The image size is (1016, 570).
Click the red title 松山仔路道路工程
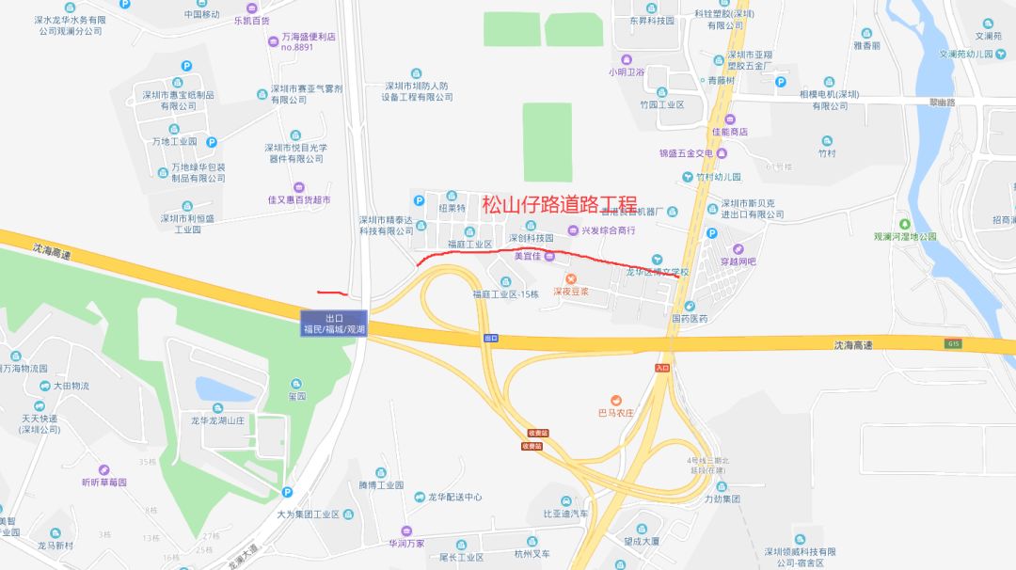pyautogui.click(x=560, y=205)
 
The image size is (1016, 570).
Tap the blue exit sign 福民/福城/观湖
pyautogui.click(x=333, y=324)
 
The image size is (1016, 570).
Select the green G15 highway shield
pyautogui.click(x=954, y=345)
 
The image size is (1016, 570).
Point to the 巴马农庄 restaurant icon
pyautogui.click(x=616, y=400)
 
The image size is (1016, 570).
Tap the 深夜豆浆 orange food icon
pyautogui.click(x=570, y=278)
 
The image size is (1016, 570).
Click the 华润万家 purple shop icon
pyautogui.click(x=406, y=530)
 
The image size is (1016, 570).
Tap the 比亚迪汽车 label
pyautogui.click(x=565, y=514)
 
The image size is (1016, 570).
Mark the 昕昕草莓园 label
pyautogui.click(x=103, y=482)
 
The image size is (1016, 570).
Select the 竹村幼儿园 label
pyautogui.click(x=719, y=177)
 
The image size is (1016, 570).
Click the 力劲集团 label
pyautogui.click(x=722, y=499)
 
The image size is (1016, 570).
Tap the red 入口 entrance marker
pyautogui.click(x=661, y=368)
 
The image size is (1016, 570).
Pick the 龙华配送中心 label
pyautogui.click(x=455, y=497)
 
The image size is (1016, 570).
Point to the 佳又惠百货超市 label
pyautogui.click(x=299, y=199)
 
